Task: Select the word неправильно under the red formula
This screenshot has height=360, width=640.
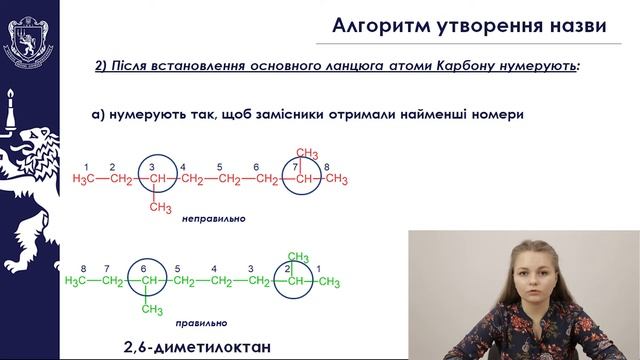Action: (214, 218)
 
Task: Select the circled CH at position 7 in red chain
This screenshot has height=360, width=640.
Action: (301, 179)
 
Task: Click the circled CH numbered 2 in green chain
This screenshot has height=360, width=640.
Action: (294, 282)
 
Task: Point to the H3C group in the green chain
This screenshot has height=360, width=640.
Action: (81, 282)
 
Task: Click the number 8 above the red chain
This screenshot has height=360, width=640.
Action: (327, 167)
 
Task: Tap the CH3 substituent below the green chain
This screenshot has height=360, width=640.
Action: (152, 309)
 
